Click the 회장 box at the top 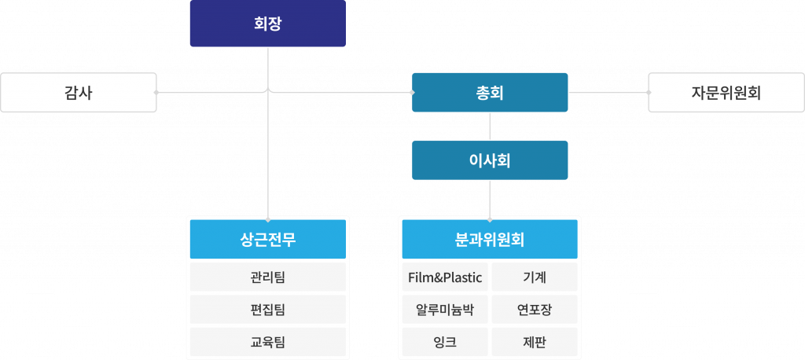(267, 24)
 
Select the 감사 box (78, 93)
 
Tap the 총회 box (490, 93)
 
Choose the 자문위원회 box (726, 93)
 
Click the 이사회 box (490, 160)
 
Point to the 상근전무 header (267, 239)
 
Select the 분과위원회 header (490, 239)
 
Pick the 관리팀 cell (267, 277)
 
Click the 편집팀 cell (267, 309)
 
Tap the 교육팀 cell (267, 341)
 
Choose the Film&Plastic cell (445, 277)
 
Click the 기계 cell (535, 277)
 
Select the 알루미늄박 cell (445, 309)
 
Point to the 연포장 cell (535, 309)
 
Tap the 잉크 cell (445, 341)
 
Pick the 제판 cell (535, 341)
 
